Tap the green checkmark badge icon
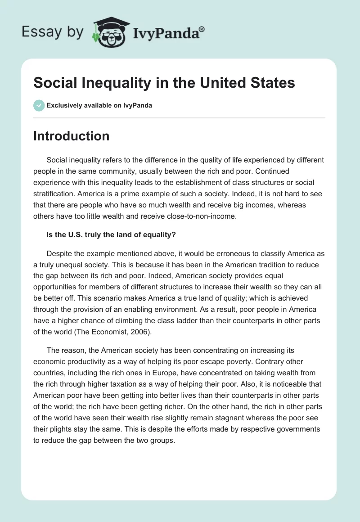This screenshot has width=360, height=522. [39, 105]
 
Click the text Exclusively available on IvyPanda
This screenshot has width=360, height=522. [99, 105]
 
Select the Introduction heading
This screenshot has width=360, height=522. [71, 136]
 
